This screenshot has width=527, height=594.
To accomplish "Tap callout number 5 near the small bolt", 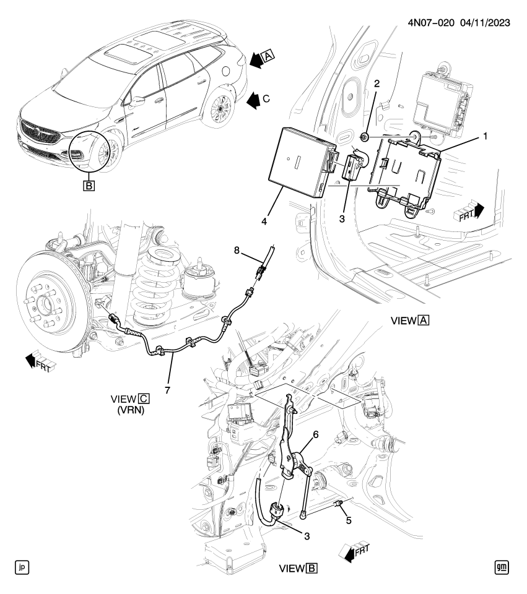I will (x=348, y=521).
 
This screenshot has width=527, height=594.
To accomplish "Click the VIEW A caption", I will (x=411, y=322).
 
